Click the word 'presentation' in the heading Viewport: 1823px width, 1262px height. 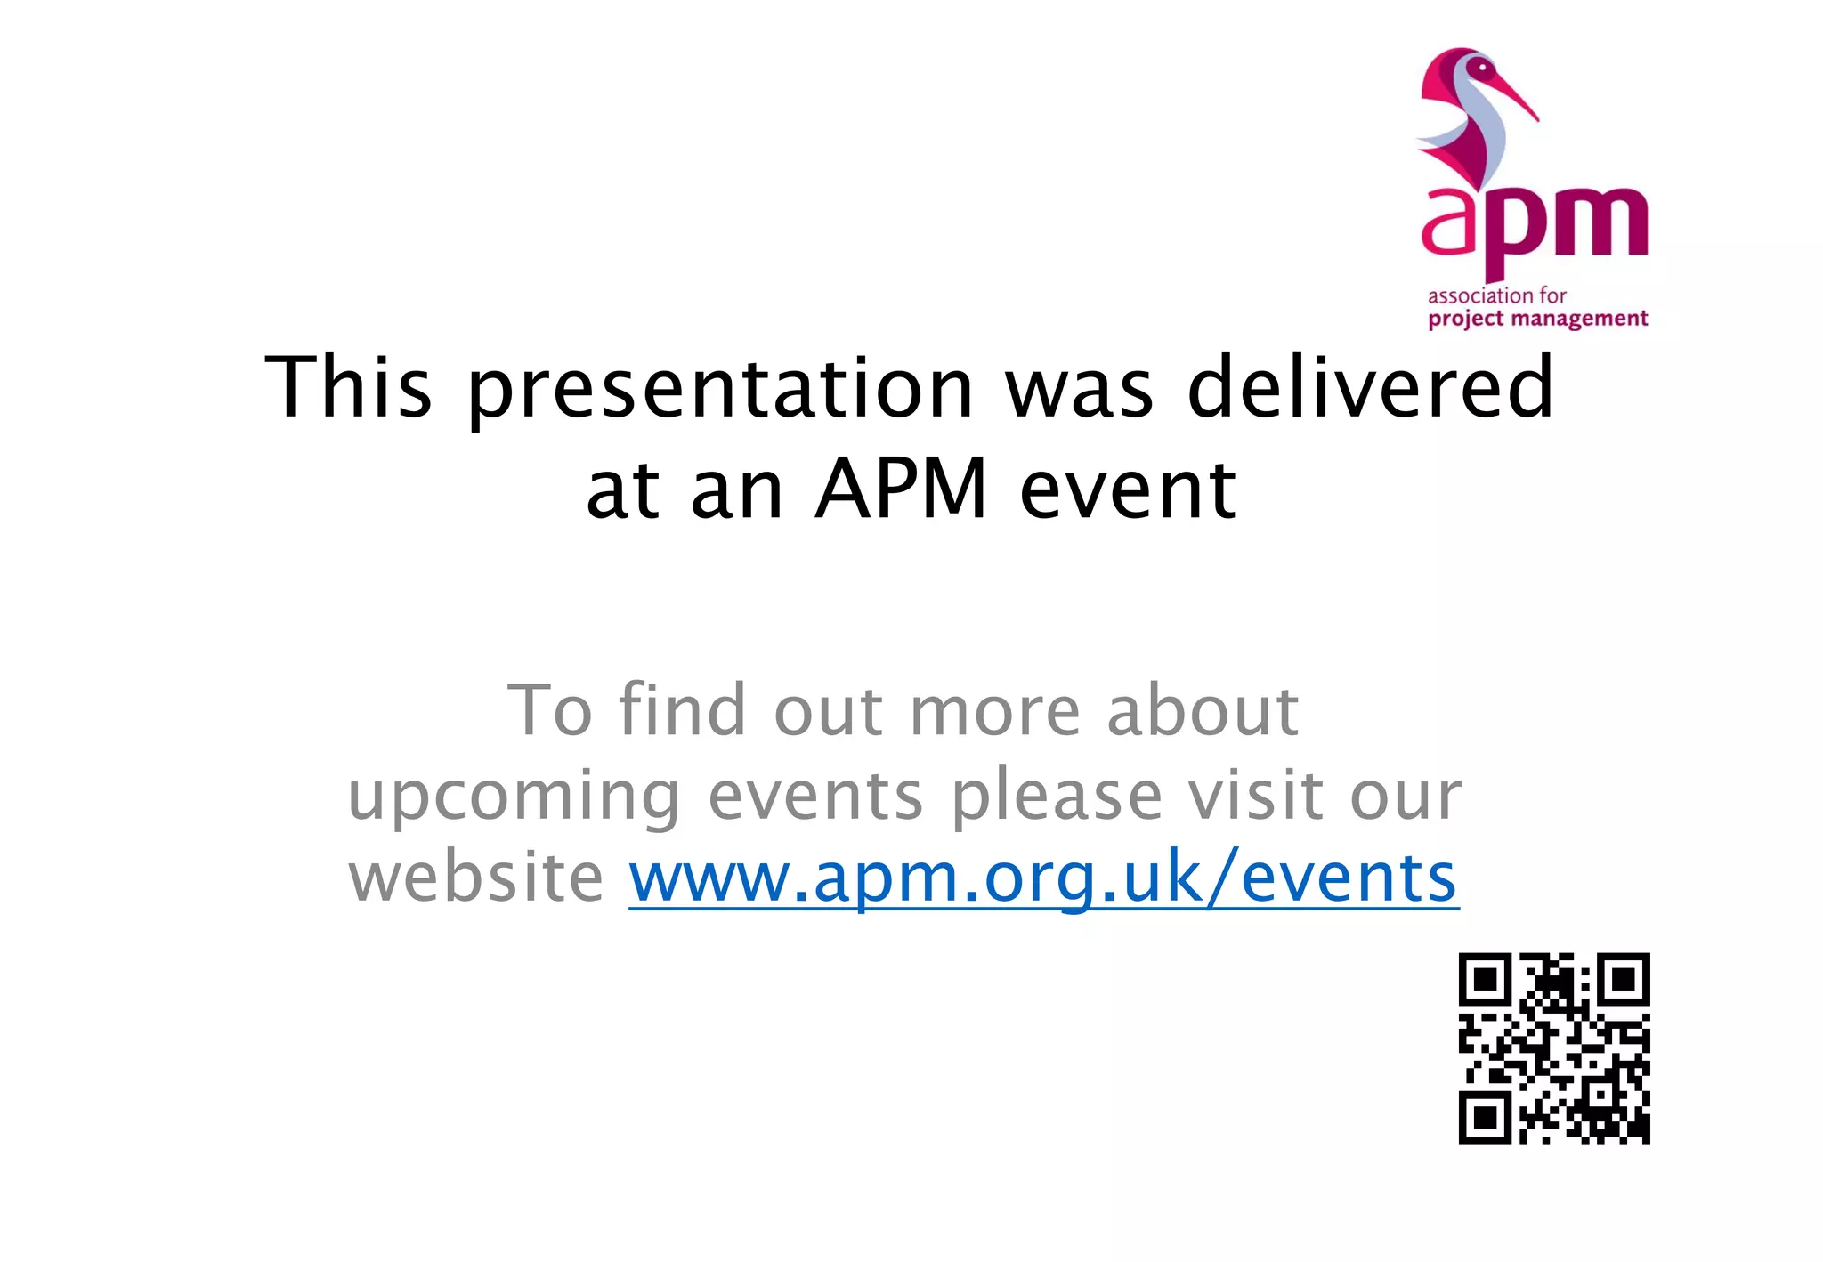(720, 389)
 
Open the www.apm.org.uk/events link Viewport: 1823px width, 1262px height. (1043, 878)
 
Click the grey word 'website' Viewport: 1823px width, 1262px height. (476, 878)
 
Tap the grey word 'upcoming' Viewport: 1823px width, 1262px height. (514, 797)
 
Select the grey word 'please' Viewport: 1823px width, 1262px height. (1057, 797)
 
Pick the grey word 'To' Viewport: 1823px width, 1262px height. (549, 711)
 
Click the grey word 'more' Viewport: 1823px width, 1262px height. (995, 713)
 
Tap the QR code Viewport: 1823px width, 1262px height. (1553, 1048)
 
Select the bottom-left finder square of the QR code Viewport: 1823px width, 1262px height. (1485, 1117)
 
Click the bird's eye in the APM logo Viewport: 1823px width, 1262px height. (1481, 67)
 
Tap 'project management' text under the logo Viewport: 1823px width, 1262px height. (1537, 320)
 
